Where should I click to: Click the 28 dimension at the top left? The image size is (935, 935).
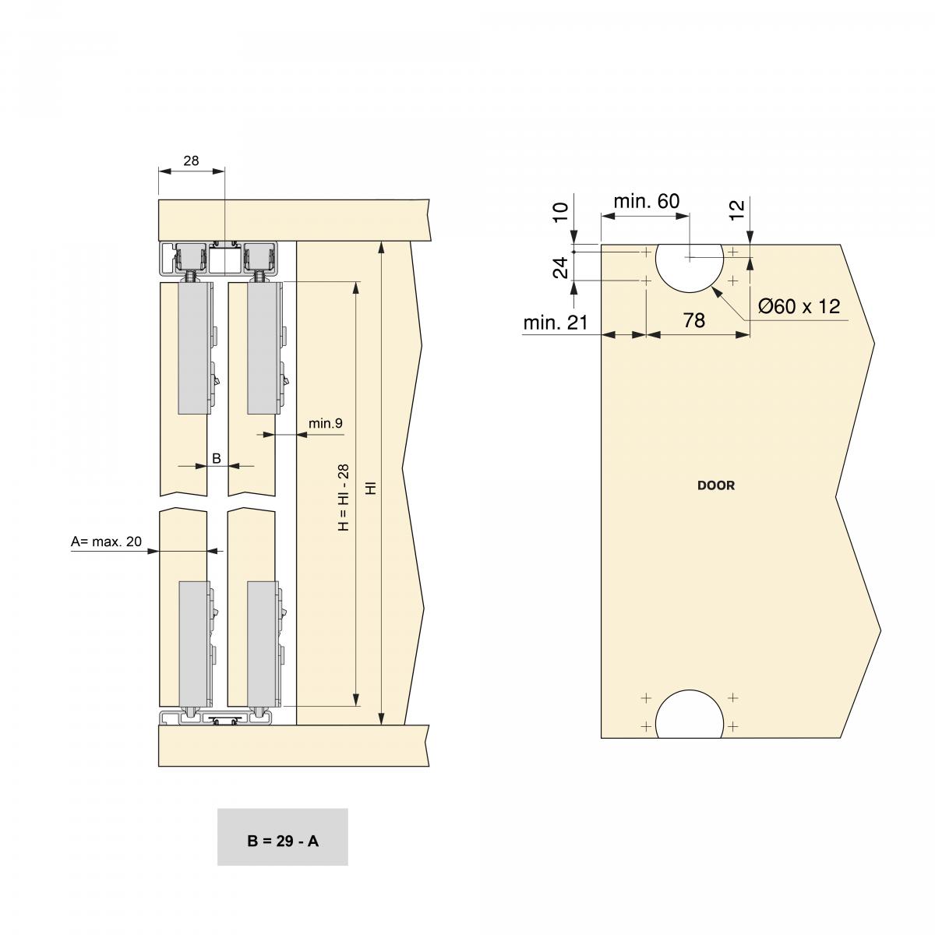[x=191, y=161]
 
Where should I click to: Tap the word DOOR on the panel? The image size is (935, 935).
[x=715, y=485]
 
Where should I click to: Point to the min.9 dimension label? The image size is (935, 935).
[x=325, y=423]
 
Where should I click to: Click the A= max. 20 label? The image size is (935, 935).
[x=106, y=542]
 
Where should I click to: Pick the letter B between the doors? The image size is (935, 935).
[x=217, y=459]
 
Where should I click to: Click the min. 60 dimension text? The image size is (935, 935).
[x=646, y=201]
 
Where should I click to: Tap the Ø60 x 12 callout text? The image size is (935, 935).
[x=799, y=306]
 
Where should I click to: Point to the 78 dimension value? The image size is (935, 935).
[x=693, y=320]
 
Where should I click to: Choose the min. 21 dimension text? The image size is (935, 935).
[x=555, y=323]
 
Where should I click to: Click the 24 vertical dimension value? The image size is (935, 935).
[x=560, y=268]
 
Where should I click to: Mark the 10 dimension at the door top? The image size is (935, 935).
[x=560, y=212]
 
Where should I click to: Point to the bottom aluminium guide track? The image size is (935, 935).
[x=214, y=718]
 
